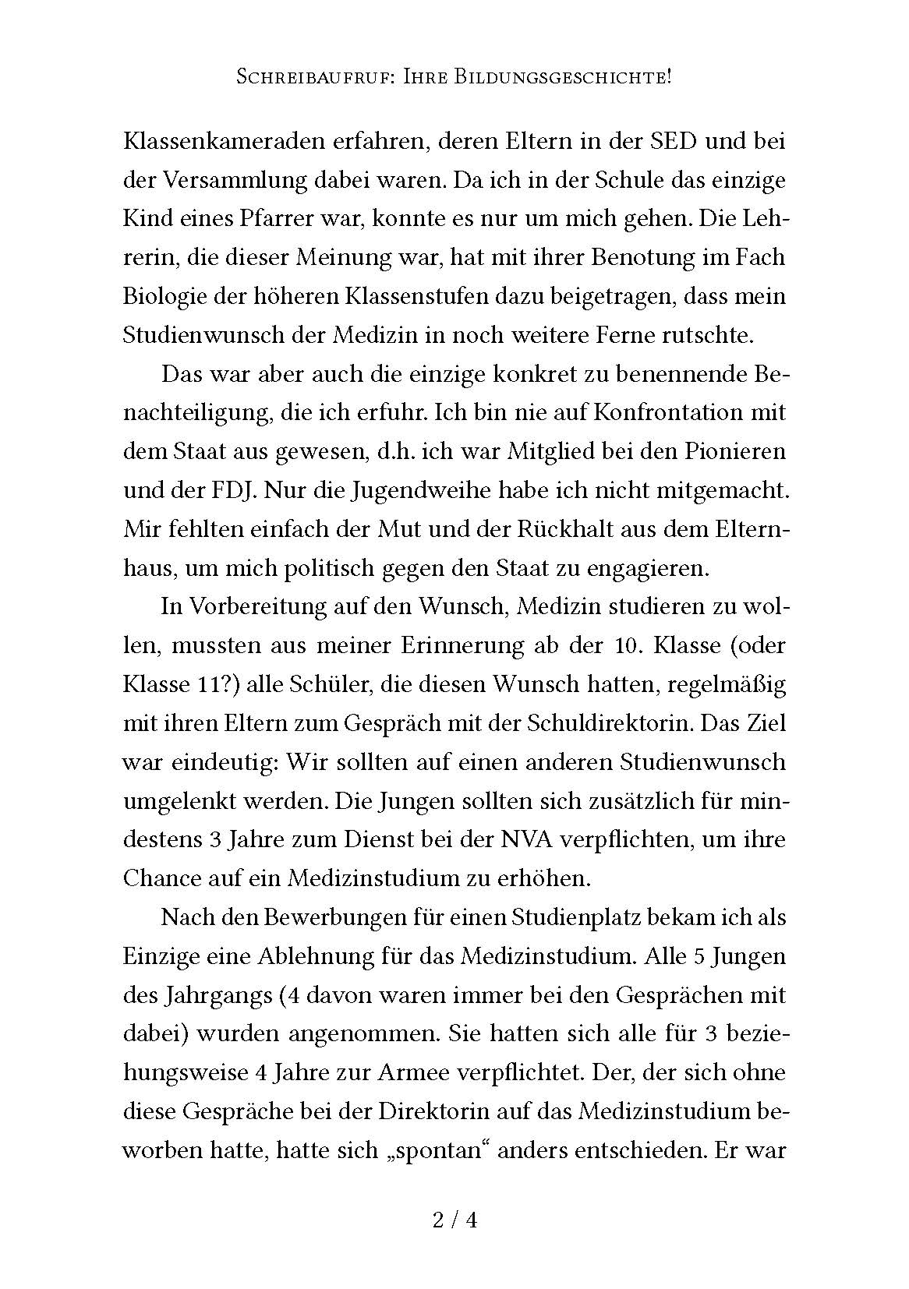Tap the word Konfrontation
pos(652,412)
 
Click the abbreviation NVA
pos(530,840)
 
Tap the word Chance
pos(161,878)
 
